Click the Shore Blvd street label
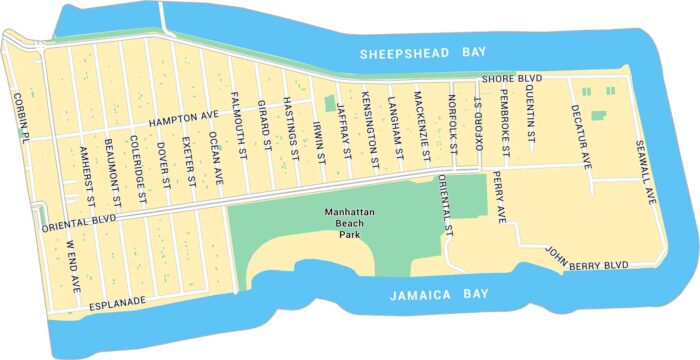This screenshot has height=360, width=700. pyautogui.click(x=511, y=78)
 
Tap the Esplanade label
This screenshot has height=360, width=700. pyautogui.click(x=118, y=300)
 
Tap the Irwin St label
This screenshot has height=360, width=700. pyautogui.click(x=319, y=141)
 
